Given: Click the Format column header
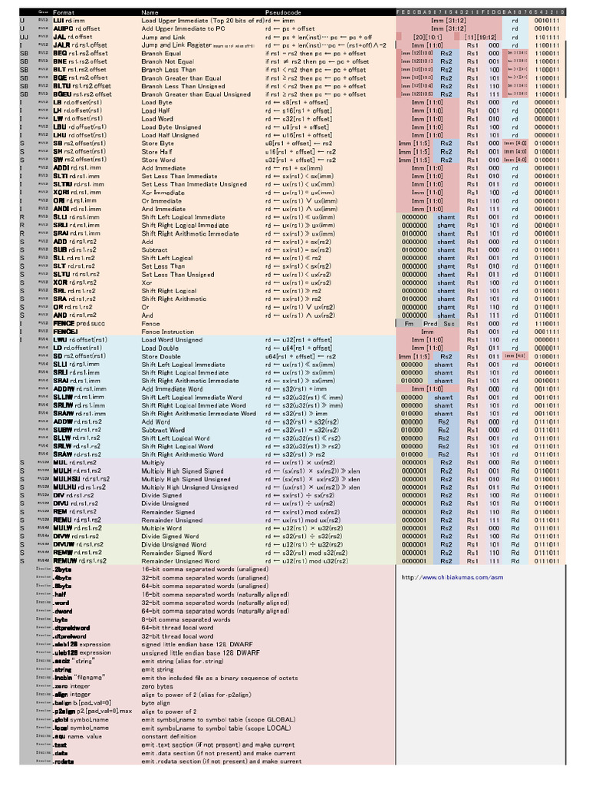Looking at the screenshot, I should coord(64,13).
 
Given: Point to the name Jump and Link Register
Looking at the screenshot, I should coord(177,45).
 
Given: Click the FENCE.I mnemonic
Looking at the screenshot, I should coord(65,332).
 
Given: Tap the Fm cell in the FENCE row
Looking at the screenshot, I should coord(409,323).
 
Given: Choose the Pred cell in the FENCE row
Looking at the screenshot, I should coord(430,323).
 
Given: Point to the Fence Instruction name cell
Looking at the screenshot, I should coord(167,332).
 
